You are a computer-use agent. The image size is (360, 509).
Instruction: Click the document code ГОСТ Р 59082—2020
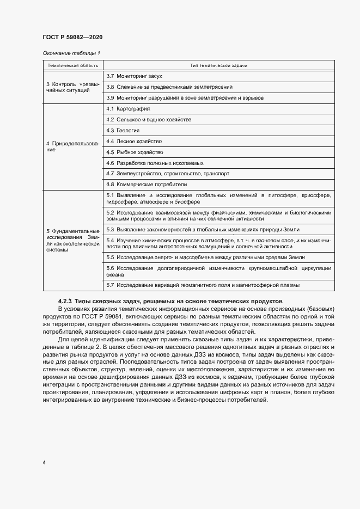pos(72,37)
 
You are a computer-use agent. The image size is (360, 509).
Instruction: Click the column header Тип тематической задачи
pos(218,65)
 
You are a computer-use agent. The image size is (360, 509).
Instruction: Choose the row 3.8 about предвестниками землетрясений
pos(169,87)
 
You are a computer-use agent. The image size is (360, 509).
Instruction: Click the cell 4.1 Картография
pos(128,109)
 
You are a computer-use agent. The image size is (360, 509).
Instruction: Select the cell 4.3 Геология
pos(123,131)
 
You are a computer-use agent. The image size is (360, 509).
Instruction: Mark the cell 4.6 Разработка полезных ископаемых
pos(155,163)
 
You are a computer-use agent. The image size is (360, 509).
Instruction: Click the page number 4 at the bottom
pos(44,462)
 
